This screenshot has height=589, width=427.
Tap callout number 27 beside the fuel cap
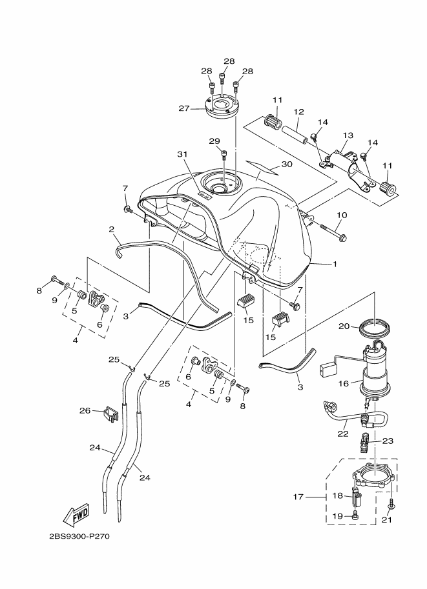click(x=184, y=108)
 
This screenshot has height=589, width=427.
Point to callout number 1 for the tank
click(x=335, y=264)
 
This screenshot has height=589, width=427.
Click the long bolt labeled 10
click(x=333, y=232)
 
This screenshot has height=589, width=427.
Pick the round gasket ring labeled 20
click(x=373, y=326)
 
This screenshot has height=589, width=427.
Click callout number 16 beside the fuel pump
click(x=344, y=383)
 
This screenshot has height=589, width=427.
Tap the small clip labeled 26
click(x=110, y=412)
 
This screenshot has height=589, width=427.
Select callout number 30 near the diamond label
click(x=287, y=165)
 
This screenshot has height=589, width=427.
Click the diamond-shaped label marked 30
click(x=262, y=167)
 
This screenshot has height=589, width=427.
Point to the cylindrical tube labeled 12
click(x=295, y=135)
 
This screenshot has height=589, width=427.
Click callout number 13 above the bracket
click(x=348, y=135)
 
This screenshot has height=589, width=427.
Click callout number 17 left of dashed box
click(x=298, y=497)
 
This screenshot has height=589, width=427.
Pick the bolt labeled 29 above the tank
click(x=224, y=154)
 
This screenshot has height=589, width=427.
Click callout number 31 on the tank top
click(x=182, y=154)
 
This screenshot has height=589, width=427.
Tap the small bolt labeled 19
click(x=354, y=517)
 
